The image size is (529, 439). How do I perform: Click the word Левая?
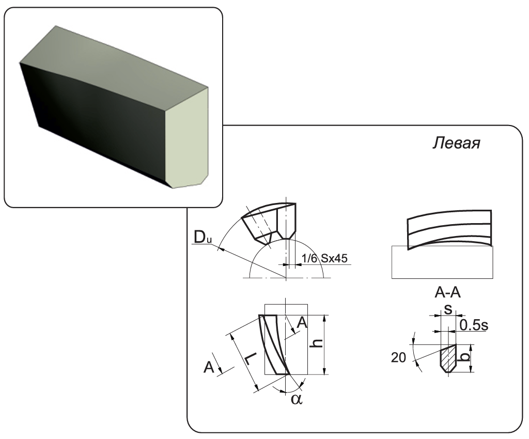pyautogui.click(x=456, y=143)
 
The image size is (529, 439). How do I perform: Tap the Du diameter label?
pyautogui.click(x=203, y=238)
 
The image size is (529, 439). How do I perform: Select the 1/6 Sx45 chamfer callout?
pyautogui.click(x=324, y=258)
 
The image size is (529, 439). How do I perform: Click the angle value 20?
pyautogui.click(x=398, y=357)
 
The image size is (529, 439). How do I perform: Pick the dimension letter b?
pyautogui.click(x=465, y=355)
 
